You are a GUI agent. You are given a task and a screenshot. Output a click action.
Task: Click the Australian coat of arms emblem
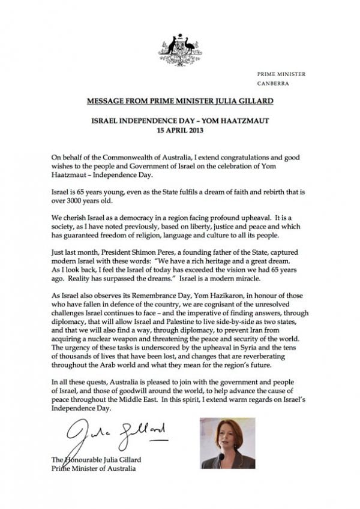[x=180, y=50]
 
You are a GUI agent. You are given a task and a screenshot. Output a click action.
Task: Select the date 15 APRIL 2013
[x=180, y=129]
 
